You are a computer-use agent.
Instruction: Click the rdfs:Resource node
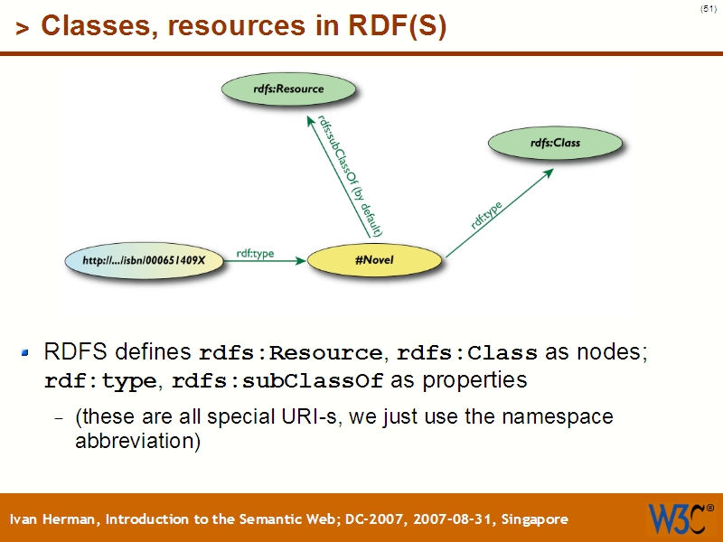click(288, 89)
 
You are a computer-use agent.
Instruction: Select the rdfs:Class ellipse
click(555, 143)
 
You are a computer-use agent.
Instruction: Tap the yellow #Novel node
click(374, 260)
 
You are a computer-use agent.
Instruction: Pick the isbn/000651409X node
click(145, 260)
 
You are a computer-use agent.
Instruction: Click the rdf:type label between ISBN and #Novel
click(255, 253)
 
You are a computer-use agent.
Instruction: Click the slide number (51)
click(708, 9)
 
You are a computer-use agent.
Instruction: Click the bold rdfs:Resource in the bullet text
click(290, 352)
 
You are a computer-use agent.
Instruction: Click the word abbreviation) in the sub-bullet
click(136, 443)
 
